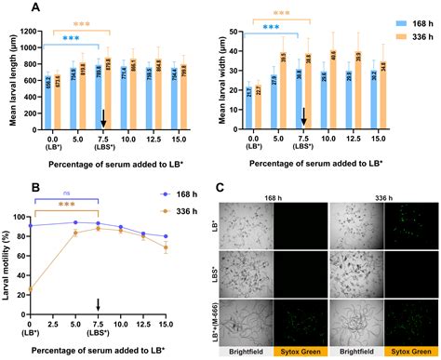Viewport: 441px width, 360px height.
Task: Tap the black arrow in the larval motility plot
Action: click(99, 304)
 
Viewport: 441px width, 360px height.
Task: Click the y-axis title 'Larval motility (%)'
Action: click(8, 265)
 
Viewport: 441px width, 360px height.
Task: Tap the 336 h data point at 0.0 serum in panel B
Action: click(30, 290)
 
